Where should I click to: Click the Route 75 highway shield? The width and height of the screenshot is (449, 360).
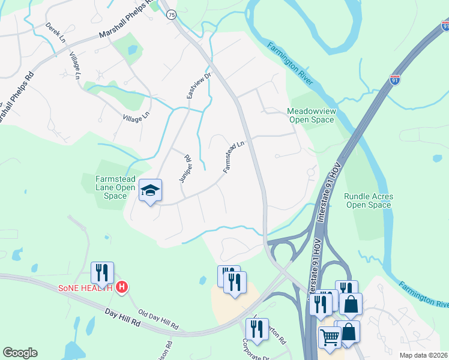coord(172,14)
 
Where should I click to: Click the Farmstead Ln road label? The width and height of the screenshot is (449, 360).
coord(234,157)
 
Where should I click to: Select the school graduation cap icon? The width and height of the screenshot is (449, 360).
coord(150,191)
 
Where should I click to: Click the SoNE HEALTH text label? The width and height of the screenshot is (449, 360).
coord(85,288)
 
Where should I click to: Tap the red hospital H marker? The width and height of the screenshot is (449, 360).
coord(122,288)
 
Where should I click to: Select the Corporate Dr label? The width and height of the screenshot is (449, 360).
coord(256,352)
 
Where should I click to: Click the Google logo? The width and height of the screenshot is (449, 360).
coord(20,353)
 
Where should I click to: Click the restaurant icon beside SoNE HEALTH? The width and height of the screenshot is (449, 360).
coord(102,273)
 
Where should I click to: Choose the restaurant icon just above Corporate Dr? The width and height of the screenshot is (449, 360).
coord(257,329)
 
